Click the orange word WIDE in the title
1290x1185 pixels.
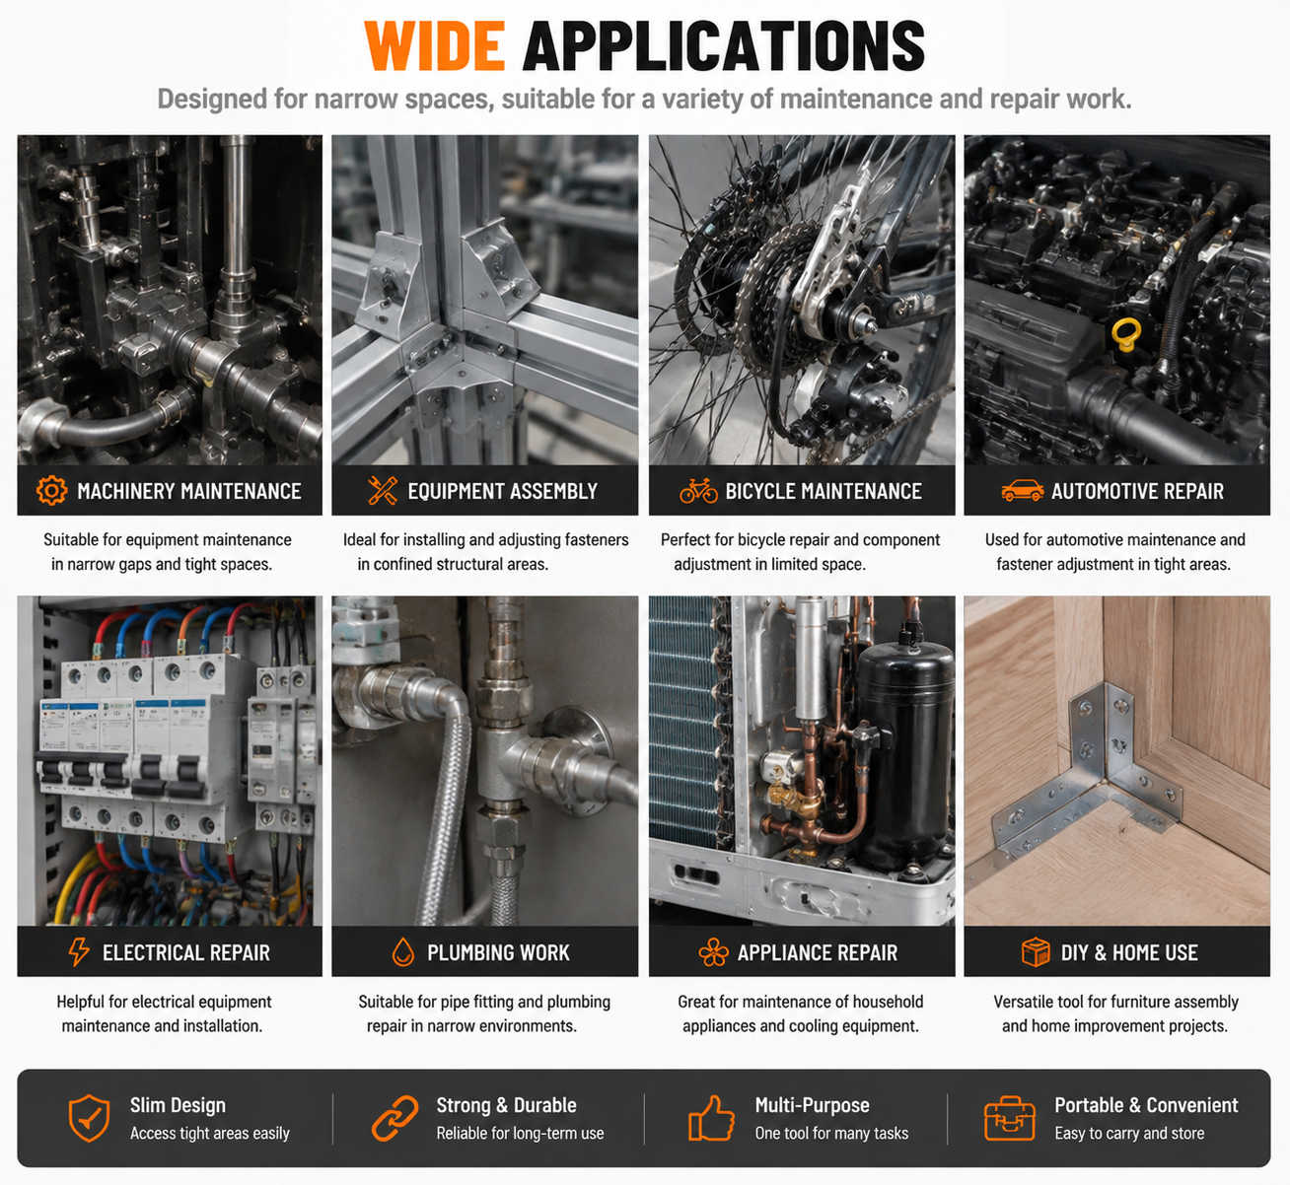[x=434, y=45]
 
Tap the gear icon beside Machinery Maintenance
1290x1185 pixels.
[x=51, y=491]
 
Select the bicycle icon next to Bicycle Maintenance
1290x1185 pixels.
[x=698, y=491]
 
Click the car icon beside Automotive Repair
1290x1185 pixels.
[x=1023, y=491]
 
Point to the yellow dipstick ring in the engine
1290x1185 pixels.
[x=1126, y=334]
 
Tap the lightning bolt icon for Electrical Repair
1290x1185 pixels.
[x=79, y=951]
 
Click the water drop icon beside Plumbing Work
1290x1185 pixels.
[x=403, y=951]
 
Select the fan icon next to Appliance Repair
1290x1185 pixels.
[x=713, y=951]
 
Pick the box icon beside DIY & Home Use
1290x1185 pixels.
[x=1036, y=951]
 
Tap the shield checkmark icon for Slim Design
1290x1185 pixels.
[x=90, y=1118]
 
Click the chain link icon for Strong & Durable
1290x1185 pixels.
[x=394, y=1118]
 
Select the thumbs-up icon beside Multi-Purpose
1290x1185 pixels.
[x=711, y=1118]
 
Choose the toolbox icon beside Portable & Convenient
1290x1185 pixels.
[x=1010, y=1118]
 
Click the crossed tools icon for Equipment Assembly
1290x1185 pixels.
[x=382, y=491]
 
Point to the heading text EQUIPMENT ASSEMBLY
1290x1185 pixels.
[x=503, y=491]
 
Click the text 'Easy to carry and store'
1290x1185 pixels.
[x=1129, y=1134]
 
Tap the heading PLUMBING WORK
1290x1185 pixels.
[x=498, y=952]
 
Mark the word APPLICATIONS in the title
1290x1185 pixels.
[x=724, y=45]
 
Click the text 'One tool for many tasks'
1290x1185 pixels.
[x=831, y=1134]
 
